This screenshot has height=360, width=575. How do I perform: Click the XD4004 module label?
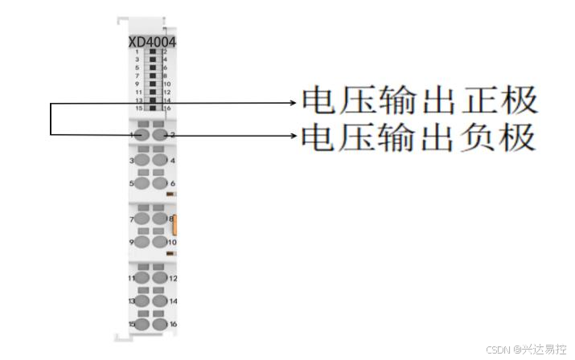click(153, 42)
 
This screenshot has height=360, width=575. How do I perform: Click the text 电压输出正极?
click(418, 101)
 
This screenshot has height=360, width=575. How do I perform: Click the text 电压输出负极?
click(418, 137)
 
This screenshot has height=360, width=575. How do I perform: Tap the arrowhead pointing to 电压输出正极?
click(294, 102)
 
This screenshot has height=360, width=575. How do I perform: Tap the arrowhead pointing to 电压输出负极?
click(294, 136)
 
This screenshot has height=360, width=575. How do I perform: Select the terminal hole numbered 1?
click(143, 136)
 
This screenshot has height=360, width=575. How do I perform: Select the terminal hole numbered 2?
click(160, 136)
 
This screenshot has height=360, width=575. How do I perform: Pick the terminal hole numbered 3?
click(143, 160)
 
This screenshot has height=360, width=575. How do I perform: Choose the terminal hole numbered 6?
click(160, 183)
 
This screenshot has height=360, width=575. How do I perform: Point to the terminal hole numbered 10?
click(160, 242)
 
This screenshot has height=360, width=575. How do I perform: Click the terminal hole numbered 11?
click(143, 277)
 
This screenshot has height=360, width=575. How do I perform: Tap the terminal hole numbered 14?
click(160, 301)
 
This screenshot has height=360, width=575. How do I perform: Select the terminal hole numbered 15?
click(143, 324)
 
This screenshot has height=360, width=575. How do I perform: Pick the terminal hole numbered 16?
click(160, 324)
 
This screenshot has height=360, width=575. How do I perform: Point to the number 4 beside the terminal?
click(172, 161)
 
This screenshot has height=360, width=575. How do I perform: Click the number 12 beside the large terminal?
click(173, 278)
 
